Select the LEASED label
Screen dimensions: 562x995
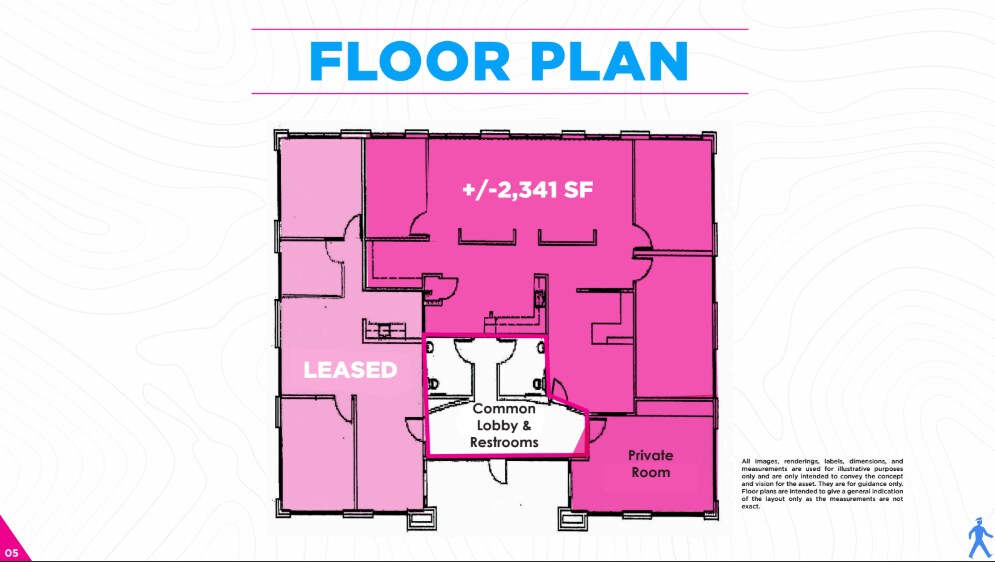[x=350, y=370]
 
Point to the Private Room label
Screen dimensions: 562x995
[x=650, y=464]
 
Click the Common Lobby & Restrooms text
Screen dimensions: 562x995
[x=504, y=425]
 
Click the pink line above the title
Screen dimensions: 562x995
[x=499, y=29]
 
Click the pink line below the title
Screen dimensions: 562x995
[x=499, y=93]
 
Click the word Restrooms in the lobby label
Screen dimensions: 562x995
[x=504, y=442]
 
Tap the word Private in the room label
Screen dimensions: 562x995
[x=650, y=455]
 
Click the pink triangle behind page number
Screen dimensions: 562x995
[x=10, y=545]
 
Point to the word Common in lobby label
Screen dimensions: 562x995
[x=504, y=409]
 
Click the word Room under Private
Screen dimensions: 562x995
[x=650, y=472]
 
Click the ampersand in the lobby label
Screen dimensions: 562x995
[x=528, y=425]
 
